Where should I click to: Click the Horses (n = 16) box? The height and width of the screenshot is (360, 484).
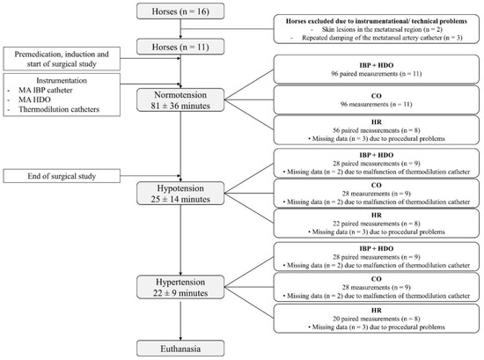(x=180, y=12)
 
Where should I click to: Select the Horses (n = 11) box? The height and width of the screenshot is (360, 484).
(x=180, y=46)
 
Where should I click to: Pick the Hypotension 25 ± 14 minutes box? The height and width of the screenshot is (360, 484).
(x=180, y=195)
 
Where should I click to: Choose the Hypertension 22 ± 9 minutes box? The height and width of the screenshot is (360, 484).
(x=180, y=289)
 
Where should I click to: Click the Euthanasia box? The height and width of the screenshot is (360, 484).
(x=180, y=347)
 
